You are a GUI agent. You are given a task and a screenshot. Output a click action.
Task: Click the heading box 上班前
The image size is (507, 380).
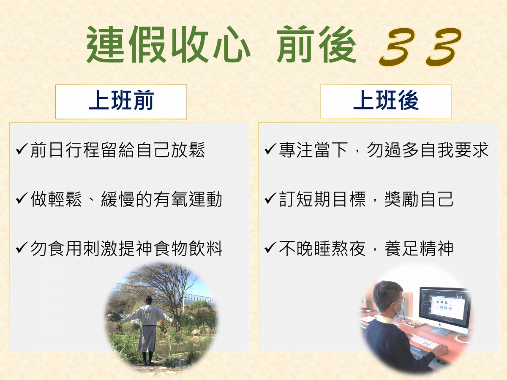(x=121, y=102)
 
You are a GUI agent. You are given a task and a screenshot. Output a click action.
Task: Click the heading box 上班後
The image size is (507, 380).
(x=386, y=102)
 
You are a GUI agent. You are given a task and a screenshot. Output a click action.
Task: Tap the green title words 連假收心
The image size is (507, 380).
(x=169, y=44)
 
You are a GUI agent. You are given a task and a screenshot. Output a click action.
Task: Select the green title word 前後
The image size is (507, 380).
(x=316, y=44)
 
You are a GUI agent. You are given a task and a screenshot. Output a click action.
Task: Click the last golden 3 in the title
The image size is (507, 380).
(x=444, y=47)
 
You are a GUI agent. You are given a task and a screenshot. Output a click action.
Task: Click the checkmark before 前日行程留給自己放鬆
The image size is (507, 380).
(x=22, y=149)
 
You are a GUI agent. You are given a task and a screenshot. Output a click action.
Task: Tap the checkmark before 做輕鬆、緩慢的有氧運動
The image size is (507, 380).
(x=22, y=198)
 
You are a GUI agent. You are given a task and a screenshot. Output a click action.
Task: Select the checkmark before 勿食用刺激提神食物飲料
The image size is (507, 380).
(x=22, y=248)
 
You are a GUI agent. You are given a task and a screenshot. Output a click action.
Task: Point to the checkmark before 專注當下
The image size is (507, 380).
(x=271, y=149)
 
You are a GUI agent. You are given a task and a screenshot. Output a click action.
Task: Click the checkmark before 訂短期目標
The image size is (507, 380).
(x=271, y=198)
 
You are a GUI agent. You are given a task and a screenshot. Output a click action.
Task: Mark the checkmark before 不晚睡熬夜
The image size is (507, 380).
(x=271, y=248)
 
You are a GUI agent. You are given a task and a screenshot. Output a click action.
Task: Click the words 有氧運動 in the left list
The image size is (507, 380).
(x=188, y=199)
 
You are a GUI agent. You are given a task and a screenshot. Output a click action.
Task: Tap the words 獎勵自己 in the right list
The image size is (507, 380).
(x=419, y=199)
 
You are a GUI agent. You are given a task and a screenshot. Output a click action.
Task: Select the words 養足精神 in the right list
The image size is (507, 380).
(x=419, y=248)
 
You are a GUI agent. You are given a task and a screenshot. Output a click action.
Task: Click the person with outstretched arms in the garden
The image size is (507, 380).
(x=147, y=330)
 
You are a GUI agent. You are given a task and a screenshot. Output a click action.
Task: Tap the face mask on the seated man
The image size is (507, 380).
(x=400, y=309)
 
